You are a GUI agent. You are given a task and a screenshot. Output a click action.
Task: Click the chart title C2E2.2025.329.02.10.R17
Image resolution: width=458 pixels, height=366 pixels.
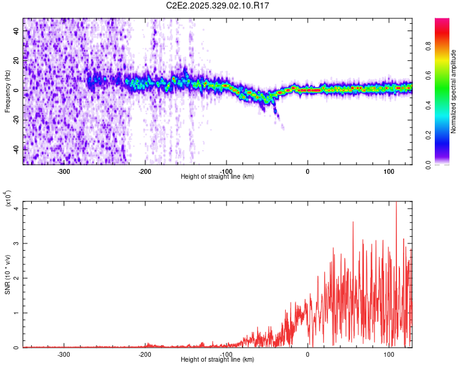[x=218, y=5]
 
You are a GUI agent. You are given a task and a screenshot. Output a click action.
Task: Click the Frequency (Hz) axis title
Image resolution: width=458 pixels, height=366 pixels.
[x=7, y=91]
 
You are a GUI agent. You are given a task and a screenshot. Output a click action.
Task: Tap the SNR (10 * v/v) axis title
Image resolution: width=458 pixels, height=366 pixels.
[x=7, y=274]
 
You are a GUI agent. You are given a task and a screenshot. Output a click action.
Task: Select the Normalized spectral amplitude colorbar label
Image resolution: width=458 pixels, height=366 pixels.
[x=454, y=91]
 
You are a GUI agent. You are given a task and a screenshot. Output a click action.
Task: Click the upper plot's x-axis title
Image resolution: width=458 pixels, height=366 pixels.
[x=217, y=176]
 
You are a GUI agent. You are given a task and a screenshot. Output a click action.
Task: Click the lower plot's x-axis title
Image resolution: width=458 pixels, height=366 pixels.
[x=217, y=360]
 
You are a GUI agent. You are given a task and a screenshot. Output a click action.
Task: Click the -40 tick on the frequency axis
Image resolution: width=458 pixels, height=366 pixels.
[x=15, y=149]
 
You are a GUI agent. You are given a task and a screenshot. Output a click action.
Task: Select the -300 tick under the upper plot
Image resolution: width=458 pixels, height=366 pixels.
[x=64, y=170]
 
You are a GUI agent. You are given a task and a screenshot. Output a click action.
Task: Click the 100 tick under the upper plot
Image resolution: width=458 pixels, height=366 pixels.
[x=389, y=170]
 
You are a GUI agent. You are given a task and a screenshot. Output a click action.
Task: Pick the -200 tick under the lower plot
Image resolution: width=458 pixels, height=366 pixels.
[x=145, y=354]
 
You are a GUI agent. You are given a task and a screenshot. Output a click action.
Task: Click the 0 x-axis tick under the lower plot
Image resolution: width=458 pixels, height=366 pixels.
[x=308, y=354]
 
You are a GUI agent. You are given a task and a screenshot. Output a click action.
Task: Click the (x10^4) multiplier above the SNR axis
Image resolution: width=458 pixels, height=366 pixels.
[x=8, y=199]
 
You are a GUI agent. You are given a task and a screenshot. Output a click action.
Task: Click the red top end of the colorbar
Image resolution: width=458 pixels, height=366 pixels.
[x=442, y=21]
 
